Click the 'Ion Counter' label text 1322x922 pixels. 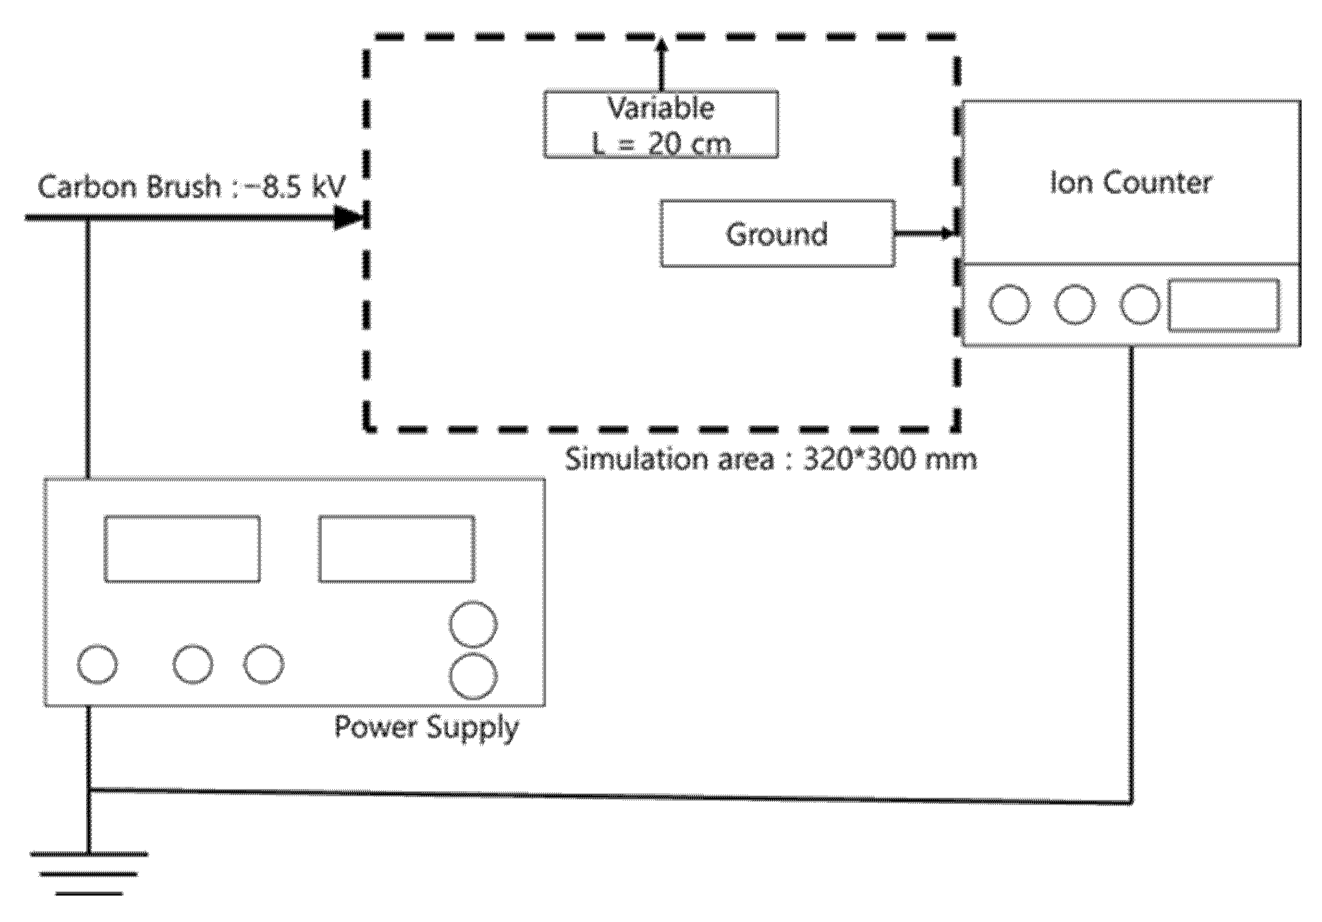1131,183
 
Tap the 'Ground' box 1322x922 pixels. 777,234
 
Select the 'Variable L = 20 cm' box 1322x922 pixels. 661,124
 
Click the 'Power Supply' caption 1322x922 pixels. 426,727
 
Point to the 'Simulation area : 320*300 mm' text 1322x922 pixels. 770,460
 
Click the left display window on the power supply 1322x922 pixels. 182,549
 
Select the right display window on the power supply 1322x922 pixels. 397,549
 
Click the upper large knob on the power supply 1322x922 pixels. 473,624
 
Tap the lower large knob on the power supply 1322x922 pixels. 473,675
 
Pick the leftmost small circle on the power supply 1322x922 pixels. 97,664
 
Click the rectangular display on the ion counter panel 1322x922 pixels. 1223,305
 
